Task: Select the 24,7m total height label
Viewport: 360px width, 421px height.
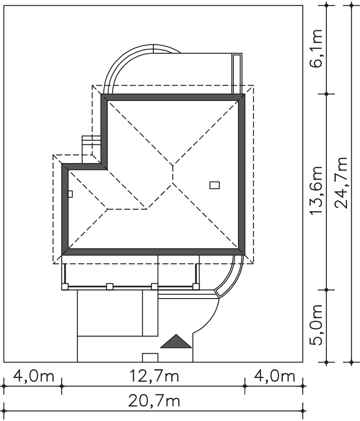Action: (x=342, y=183)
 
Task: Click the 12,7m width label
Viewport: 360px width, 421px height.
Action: (x=154, y=376)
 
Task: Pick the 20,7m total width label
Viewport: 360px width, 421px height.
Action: (x=154, y=401)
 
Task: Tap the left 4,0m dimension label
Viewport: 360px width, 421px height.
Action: (x=34, y=376)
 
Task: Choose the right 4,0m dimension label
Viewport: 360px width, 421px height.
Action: (x=274, y=376)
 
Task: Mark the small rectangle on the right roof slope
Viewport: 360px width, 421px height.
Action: (x=215, y=185)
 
